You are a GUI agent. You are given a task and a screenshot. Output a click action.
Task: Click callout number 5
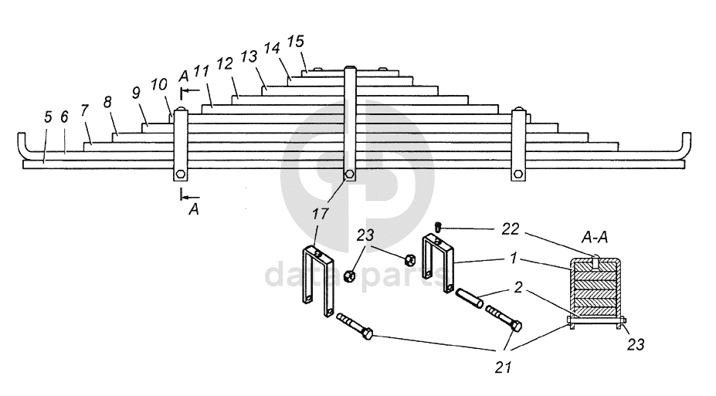pyautogui.click(x=48, y=117)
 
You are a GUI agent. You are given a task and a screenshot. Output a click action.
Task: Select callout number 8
pyautogui.click(x=107, y=101)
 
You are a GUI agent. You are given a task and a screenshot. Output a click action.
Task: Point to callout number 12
pyautogui.click(x=225, y=64)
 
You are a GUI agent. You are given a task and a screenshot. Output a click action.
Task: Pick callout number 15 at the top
pyautogui.click(x=296, y=42)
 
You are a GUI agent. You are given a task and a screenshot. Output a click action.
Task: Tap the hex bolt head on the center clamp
pyautogui.click(x=350, y=174)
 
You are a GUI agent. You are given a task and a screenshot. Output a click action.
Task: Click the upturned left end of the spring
pyautogui.click(x=22, y=144)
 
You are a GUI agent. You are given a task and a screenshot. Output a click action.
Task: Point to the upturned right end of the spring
pyautogui.click(x=685, y=144)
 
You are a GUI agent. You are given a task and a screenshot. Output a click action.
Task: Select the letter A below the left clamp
pyautogui.click(x=192, y=208)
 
